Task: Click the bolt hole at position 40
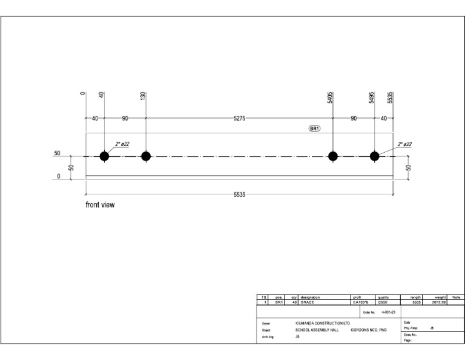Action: [104, 156]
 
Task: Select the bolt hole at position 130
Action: [146, 156]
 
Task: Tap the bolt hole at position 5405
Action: [332, 156]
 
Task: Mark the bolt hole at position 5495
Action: [374, 156]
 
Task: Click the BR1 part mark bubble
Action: [314, 129]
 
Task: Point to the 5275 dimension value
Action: [239, 119]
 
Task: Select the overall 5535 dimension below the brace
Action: [239, 195]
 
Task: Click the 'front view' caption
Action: [100, 205]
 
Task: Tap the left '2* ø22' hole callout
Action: [122, 144]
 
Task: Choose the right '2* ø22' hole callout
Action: [405, 144]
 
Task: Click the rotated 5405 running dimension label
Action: [331, 98]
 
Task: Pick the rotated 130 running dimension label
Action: [143, 96]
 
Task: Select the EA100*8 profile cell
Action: [361, 302]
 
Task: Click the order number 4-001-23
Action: [389, 313]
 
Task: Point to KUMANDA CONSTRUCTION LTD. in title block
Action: [323, 324]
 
